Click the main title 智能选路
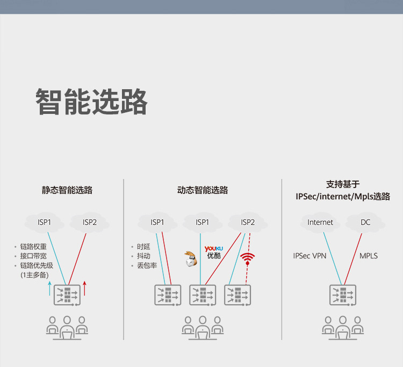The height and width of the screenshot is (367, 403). coord(91,101)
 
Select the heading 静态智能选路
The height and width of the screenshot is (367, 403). coord(67,190)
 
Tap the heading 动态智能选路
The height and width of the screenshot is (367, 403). coord(203,190)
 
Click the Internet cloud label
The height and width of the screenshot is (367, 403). coord(320,222)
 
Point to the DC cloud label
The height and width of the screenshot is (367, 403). coord(365,222)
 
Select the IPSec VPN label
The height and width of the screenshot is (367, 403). coord(310,256)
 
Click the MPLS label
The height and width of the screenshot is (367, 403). coord(369,256)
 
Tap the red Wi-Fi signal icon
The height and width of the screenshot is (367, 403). coord(248,259)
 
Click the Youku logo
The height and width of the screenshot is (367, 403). coord(214,252)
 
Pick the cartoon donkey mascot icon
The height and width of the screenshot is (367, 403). coord(191,259)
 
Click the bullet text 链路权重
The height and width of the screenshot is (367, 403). coord(33,247)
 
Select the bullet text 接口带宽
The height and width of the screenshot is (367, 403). coord(33,256)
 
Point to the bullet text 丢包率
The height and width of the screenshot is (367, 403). coord(147,265)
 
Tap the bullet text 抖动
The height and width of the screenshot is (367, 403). coord(143,256)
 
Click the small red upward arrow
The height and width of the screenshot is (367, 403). coord(84,289)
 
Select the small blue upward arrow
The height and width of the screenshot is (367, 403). coord(50,289)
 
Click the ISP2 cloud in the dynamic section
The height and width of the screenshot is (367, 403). coord(248,222)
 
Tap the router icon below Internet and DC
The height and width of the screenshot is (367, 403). coord(343,295)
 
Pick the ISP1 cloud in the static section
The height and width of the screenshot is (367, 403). coord(44,222)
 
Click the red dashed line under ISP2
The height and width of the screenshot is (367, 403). coord(248,259)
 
